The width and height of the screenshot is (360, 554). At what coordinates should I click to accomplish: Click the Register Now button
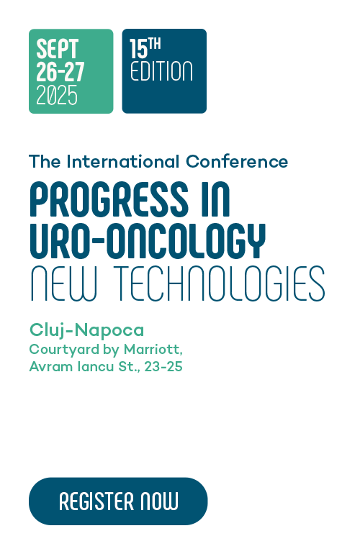pos(118,501)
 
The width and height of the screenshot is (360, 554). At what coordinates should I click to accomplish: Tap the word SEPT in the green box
pos(57,49)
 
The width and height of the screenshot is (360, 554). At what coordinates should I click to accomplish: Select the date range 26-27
pos(60,72)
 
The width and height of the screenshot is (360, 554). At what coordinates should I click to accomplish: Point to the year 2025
pos(57,95)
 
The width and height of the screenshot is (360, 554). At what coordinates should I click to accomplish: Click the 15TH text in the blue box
pos(145,48)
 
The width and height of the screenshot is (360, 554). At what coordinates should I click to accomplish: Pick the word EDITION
pos(161,71)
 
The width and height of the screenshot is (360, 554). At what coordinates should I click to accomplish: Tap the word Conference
pos(237,161)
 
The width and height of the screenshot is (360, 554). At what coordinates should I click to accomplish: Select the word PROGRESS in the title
pos(109,199)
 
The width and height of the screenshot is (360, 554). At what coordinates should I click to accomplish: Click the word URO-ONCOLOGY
pos(148,241)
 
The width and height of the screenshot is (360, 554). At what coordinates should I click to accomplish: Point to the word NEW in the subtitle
pos(63,283)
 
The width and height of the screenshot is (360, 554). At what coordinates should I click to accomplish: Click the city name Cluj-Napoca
pos(86,330)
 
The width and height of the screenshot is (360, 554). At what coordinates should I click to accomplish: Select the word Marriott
pos(153,350)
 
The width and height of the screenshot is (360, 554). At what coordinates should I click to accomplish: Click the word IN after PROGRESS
pos(216,199)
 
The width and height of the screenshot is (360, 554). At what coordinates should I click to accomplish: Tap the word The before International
pos(45,161)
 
